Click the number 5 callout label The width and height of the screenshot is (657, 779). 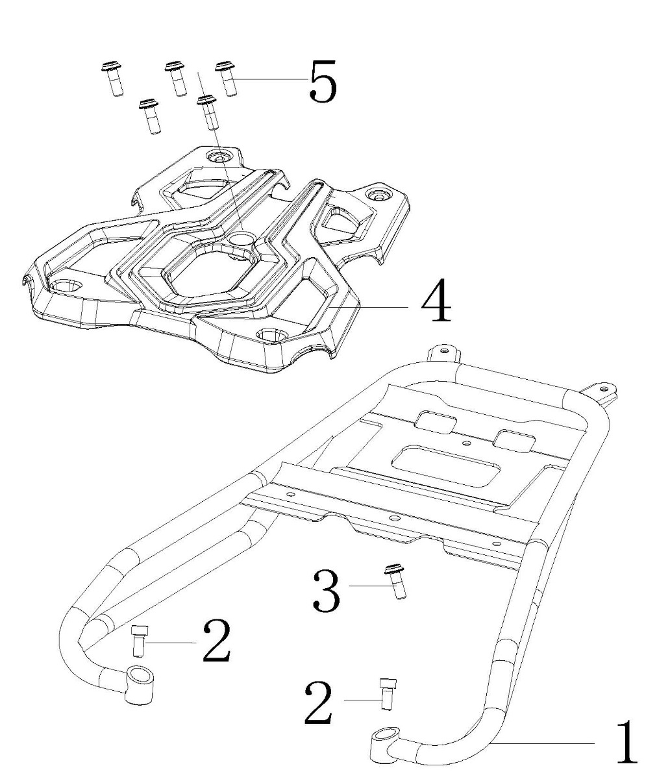(x=323, y=80)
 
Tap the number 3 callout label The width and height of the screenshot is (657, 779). (x=327, y=591)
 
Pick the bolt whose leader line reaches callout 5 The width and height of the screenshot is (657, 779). (x=226, y=79)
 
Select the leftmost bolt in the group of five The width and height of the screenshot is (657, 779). (x=112, y=79)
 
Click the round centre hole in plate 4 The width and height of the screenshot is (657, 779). (x=240, y=239)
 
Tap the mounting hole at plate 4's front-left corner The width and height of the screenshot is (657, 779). (x=64, y=287)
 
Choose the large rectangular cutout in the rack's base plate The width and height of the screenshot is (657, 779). (x=445, y=466)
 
